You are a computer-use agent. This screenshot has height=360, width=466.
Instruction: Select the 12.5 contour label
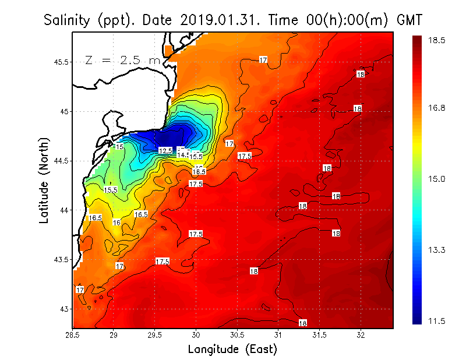pyautogui.click(x=165, y=151)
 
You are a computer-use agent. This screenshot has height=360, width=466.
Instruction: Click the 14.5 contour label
pyautogui.click(x=183, y=155)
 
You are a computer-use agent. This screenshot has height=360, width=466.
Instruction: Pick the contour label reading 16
pyautogui.click(x=116, y=223)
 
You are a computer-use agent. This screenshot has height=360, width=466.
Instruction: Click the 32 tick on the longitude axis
pyautogui.click(x=361, y=335)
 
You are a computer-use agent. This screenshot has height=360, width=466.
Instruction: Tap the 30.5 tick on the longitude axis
pyautogui.click(x=237, y=335)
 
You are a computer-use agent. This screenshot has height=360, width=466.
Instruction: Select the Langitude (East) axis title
pyautogui.click(x=232, y=350)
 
